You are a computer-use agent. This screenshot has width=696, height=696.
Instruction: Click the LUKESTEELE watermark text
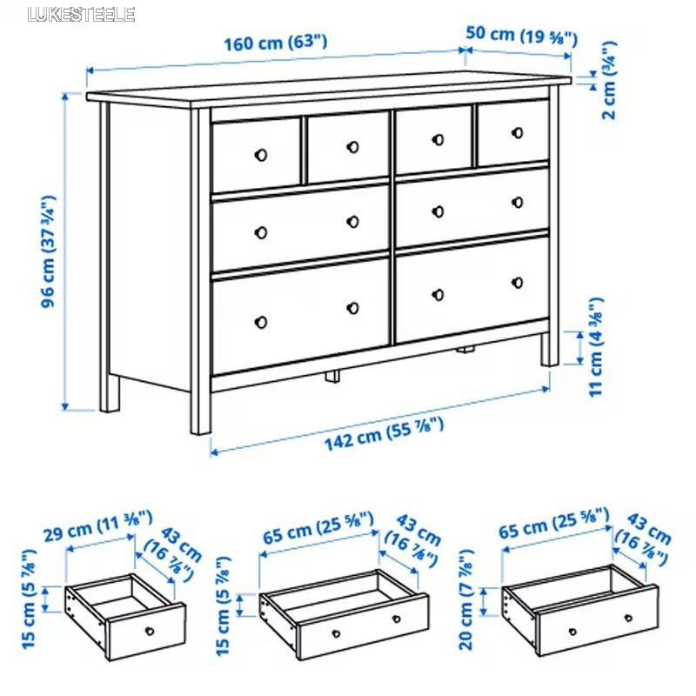[81, 14]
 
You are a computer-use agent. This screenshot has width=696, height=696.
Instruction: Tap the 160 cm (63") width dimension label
[275, 43]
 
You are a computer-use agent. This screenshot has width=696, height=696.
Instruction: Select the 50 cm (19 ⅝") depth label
[521, 35]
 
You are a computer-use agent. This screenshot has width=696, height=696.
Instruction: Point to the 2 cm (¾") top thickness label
[610, 80]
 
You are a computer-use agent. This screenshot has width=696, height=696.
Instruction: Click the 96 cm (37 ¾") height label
[49, 251]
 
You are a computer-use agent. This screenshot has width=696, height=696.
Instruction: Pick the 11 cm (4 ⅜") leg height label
[596, 347]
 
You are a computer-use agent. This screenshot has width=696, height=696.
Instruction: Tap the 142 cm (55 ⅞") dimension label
[384, 434]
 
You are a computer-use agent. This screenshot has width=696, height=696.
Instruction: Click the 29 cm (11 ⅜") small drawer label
[98, 525]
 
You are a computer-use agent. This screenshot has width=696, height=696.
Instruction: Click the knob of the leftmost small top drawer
[261, 155]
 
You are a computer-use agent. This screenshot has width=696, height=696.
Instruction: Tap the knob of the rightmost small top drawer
[518, 132]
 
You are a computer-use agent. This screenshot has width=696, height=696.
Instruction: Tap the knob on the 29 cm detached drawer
[150, 632]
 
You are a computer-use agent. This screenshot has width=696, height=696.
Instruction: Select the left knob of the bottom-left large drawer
[261, 322]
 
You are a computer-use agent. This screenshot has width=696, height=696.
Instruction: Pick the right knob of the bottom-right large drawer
[518, 282]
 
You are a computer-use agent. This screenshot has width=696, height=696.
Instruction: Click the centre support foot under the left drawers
[332, 376]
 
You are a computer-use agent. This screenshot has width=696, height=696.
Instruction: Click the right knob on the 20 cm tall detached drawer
[628, 618]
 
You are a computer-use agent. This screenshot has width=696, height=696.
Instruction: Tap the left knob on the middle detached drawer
[336, 633]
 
